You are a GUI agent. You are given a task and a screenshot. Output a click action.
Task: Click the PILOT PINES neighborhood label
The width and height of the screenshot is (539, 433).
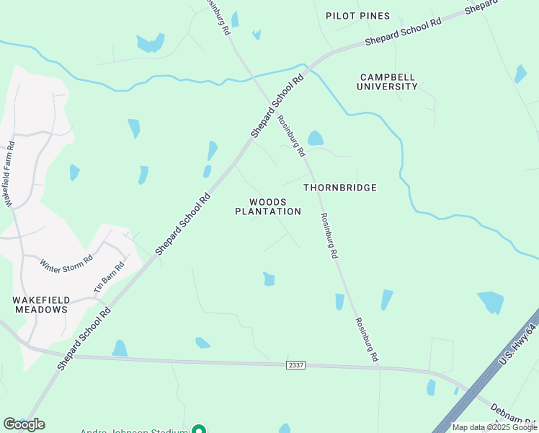coord(357,16)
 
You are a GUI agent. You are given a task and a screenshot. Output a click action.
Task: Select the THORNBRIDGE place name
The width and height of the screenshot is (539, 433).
coord(339,188)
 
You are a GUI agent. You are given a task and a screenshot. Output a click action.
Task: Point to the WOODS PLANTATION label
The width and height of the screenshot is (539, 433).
coord(268,207)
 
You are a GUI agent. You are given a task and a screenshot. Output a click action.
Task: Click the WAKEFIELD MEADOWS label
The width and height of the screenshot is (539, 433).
coord(40,304)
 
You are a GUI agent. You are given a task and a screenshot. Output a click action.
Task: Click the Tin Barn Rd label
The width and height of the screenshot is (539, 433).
coord(110,277)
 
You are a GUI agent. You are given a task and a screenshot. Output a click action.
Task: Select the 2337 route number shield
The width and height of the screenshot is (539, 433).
coord(295,365)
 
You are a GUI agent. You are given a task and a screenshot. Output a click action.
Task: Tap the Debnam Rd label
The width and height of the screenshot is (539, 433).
coord(514,412)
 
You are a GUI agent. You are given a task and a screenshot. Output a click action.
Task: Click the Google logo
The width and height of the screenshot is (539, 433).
coord(24,424)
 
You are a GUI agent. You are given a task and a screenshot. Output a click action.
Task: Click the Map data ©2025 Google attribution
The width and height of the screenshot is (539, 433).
coord(494,427)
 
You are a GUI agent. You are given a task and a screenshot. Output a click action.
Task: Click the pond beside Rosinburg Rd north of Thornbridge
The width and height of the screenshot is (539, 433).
coord(316,138)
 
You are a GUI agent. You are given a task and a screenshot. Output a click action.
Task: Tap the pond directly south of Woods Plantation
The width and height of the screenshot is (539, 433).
coord(269,279)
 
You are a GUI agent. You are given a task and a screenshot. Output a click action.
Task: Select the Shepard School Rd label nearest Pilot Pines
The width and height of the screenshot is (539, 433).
coord(403,32)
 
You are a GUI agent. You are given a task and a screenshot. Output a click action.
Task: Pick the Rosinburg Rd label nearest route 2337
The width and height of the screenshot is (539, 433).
coord(365,339)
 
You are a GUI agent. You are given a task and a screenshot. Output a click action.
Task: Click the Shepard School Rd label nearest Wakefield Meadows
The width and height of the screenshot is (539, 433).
coord(84,339)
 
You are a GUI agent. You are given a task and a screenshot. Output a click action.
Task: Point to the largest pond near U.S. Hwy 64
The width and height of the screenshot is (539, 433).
coord(491,302)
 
